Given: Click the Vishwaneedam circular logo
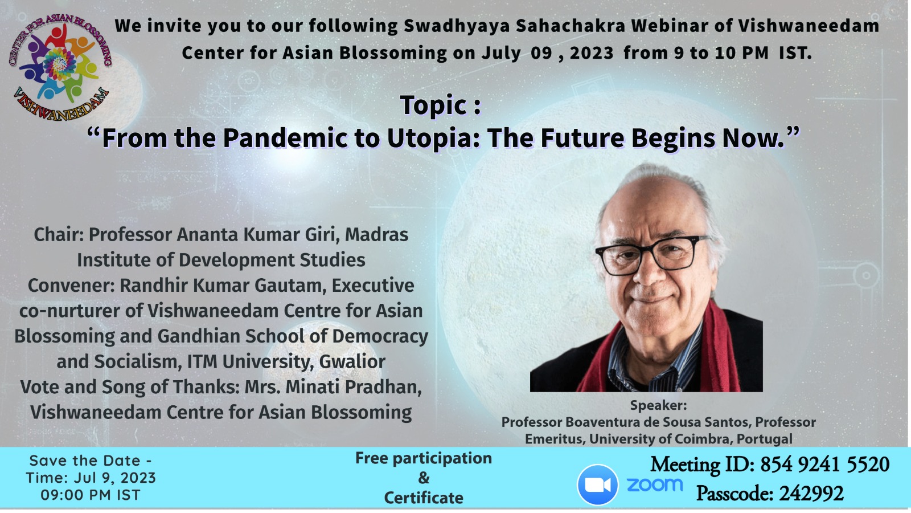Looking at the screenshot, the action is [x=60, y=68].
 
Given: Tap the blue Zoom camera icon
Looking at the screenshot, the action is [x=597, y=484].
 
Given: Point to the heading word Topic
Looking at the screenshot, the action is [x=433, y=105].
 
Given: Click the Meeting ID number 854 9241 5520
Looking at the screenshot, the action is [x=825, y=464].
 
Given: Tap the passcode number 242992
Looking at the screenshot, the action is [x=811, y=494].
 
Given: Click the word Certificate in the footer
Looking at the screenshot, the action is [x=424, y=498].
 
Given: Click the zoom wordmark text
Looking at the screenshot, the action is [x=654, y=484].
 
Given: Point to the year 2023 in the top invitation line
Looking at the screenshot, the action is [x=592, y=53].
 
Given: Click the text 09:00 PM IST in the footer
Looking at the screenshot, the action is [x=91, y=495].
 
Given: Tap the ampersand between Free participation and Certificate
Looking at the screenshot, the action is [x=424, y=478].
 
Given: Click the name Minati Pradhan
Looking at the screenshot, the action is [x=353, y=387].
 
